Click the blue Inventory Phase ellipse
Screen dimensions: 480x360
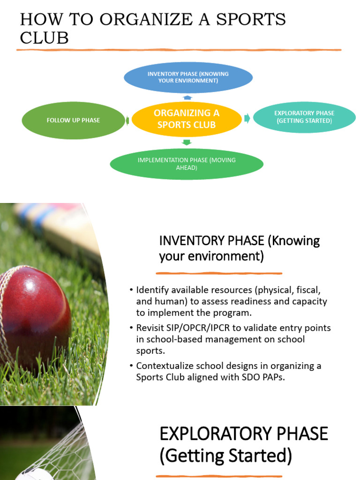188,77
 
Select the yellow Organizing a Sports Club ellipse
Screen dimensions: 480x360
186,119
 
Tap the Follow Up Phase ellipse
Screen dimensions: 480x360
73,120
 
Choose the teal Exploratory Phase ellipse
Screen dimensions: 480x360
304,117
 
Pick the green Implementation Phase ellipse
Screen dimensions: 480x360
187,164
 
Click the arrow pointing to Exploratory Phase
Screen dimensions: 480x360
247,118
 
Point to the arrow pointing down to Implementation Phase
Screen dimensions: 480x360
187,142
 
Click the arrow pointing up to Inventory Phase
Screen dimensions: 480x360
187,97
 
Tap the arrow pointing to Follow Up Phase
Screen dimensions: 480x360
127,121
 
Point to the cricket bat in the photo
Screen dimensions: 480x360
61,230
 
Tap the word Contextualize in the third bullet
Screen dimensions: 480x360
165,366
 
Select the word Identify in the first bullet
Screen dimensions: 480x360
151,290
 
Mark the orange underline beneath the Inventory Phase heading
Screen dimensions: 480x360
219,273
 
